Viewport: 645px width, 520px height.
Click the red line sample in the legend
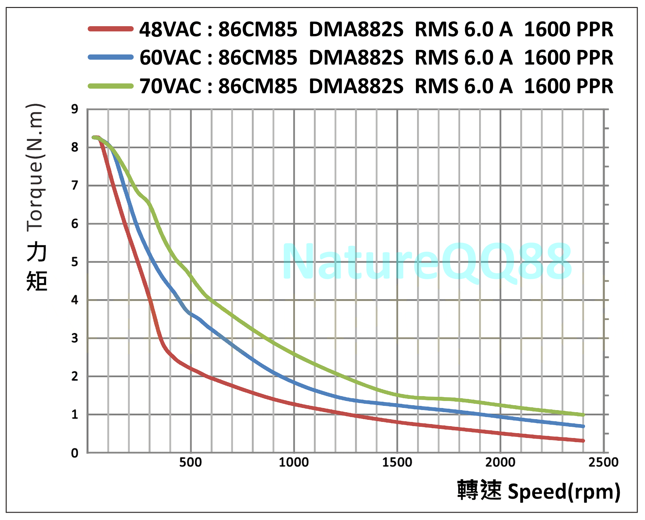tap(111, 29)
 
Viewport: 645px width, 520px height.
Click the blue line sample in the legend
tap(111, 57)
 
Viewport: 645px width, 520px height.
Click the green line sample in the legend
tap(111, 86)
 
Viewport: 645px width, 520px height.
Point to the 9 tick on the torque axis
tap(75, 109)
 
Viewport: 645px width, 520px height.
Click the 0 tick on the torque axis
tap(75, 453)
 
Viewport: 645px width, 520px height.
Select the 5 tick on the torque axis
tap(75, 262)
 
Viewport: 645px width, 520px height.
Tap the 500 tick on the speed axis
tap(190, 462)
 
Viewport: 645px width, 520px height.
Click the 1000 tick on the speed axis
tap(294, 462)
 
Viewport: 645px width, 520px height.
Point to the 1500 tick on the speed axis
tap(397, 462)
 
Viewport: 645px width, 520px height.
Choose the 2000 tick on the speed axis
tap(500, 462)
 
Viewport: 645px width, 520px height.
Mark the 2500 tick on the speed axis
tap(604, 462)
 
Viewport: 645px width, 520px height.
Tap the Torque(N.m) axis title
tap(35, 168)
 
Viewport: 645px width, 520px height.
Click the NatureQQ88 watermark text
tap(427, 262)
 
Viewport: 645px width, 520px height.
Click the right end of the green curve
tap(583, 415)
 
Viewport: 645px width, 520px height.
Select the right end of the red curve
tap(583, 441)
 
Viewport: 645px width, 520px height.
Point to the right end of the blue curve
tap(583, 426)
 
